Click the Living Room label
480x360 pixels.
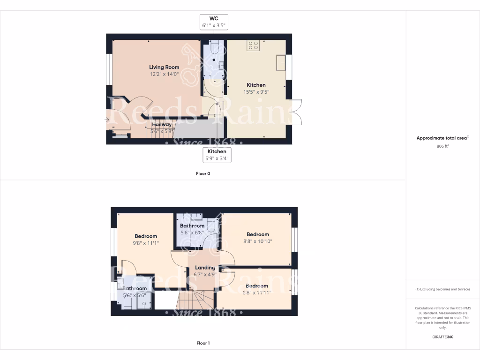(164, 67)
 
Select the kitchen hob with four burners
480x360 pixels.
(254, 45)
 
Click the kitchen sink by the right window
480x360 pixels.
(282, 63)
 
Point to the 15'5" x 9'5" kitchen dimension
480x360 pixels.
(256, 92)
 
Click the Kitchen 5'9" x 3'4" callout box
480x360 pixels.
(217, 155)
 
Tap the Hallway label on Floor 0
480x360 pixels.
(162, 124)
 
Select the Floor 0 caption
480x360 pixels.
(203, 173)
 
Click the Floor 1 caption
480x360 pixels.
(203, 343)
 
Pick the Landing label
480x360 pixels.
(205, 268)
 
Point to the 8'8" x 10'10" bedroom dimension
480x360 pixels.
(258, 241)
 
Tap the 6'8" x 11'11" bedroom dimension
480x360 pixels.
(256, 293)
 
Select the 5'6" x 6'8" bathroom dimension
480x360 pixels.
(192, 232)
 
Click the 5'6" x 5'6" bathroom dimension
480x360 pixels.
(135, 295)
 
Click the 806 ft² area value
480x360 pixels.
(442, 146)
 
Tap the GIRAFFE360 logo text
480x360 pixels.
(442, 337)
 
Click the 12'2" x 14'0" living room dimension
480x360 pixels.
(164, 74)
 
